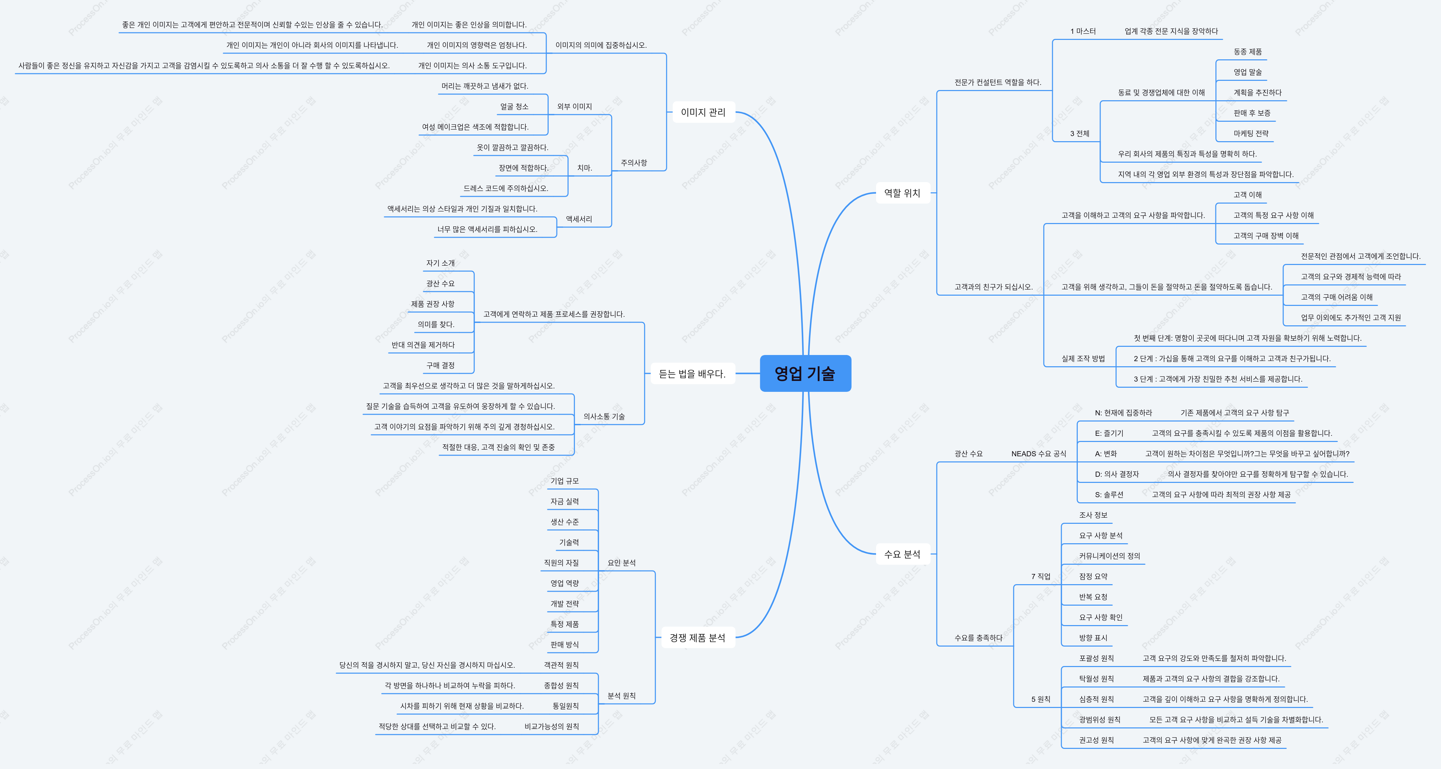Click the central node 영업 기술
805,373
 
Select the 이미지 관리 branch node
703,112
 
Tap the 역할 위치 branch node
902,193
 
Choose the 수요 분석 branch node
902,554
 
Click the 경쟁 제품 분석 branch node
697,637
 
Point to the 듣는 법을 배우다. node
692,373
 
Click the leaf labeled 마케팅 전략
1251,133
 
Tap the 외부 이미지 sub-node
574,106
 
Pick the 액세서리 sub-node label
579,219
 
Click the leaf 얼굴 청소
514,106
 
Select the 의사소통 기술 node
604,416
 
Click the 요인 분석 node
622,562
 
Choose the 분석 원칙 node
622,696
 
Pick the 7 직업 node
1041,576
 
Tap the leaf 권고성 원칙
1097,740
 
